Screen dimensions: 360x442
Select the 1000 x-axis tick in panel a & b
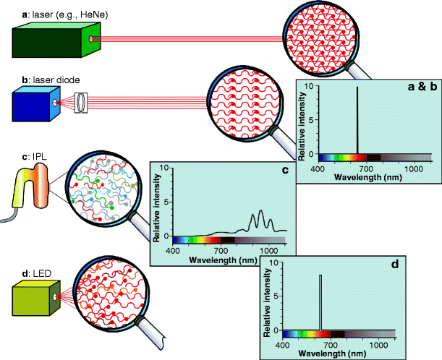(412, 168)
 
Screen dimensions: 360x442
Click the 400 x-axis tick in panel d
(284, 344)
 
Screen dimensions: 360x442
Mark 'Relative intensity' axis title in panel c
(157, 206)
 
